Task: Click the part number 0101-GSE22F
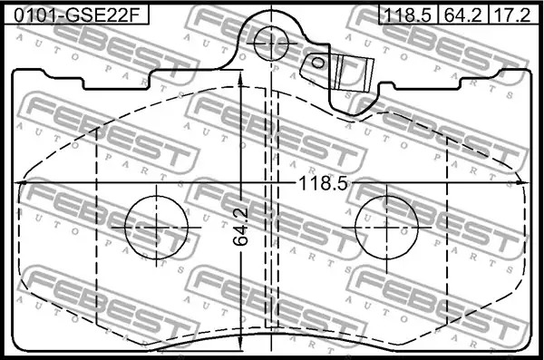[x=76, y=15]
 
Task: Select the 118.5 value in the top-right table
[x=408, y=15]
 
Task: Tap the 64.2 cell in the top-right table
[x=463, y=15]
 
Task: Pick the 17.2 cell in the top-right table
[x=512, y=15]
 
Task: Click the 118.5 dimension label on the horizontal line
[x=323, y=183]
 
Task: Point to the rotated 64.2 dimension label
[x=241, y=227]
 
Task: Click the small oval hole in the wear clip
[x=317, y=63]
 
